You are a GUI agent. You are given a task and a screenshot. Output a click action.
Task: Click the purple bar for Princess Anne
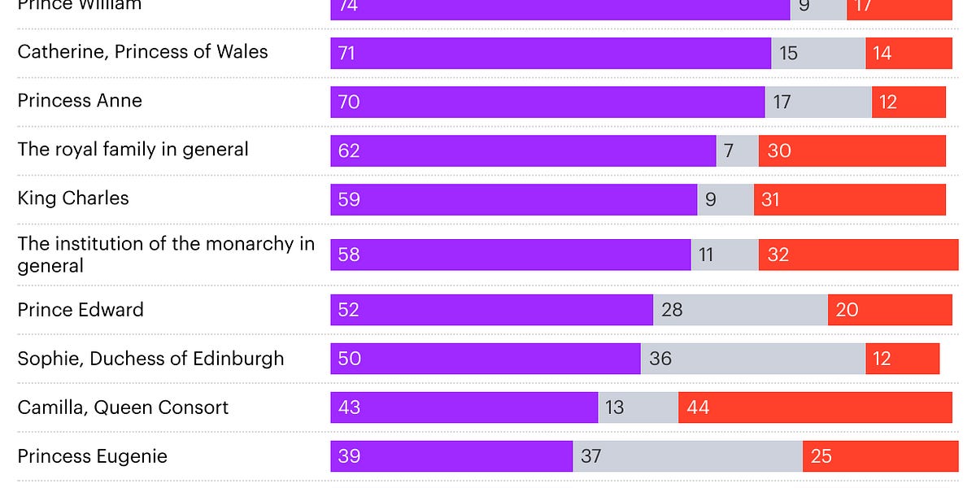pyautogui.click(x=547, y=102)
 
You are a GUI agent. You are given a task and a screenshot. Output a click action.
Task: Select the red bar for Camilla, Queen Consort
pyautogui.click(x=815, y=407)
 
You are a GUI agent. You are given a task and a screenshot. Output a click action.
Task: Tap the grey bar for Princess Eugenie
pyautogui.click(x=688, y=456)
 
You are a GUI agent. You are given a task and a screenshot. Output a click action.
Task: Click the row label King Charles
pyautogui.click(x=73, y=198)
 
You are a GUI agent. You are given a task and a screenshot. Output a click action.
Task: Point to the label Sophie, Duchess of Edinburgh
pyautogui.click(x=151, y=359)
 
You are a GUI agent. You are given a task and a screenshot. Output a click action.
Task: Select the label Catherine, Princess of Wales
pyautogui.click(x=142, y=52)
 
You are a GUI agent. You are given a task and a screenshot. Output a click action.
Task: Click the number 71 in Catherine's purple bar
pyautogui.click(x=348, y=54)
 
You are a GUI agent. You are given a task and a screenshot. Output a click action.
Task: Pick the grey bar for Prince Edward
pyautogui.click(x=740, y=310)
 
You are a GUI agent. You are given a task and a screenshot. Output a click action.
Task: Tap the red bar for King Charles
pyautogui.click(x=849, y=199)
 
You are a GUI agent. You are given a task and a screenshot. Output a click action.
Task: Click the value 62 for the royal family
pyautogui.click(x=349, y=151)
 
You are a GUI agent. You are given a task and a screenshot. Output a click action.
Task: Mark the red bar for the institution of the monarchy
pyautogui.click(x=858, y=255)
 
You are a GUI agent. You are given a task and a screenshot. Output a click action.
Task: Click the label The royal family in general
pyautogui.click(x=133, y=150)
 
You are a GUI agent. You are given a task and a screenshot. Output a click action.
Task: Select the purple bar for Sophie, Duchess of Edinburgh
pyautogui.click(x=486, y=359)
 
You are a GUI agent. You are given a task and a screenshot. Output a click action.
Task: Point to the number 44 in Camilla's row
pyautogui.click(x=698, y=407)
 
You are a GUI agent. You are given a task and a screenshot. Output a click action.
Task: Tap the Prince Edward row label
pyautogui.click(x=81, y=310)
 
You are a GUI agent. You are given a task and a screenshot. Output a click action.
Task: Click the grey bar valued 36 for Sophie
pyautogui.click(x=752, y=359)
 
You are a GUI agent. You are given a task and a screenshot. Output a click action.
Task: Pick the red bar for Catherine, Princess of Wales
pyautogui.click(x=908, y=54)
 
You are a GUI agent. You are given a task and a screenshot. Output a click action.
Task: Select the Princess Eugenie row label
pyautogui.click(x=93, y=456)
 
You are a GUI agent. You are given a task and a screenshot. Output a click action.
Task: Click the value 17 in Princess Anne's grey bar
pyautogui.click(x=782, y=102)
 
